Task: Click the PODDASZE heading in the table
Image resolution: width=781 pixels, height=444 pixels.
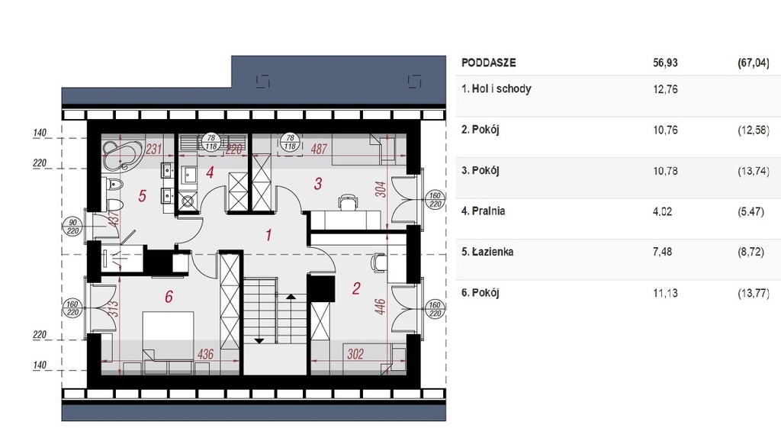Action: pos(489,63)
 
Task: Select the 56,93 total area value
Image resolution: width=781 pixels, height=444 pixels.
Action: pos(665,63)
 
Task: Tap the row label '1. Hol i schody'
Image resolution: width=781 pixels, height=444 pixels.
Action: pos(496,88)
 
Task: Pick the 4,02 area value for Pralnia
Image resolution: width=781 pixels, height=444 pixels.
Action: pos(663,211)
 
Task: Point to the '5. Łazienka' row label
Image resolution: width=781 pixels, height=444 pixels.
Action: pos(487,252)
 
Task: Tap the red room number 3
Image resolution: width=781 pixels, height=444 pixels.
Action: pos(318,184)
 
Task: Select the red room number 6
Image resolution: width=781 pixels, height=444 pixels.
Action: pos(169,297)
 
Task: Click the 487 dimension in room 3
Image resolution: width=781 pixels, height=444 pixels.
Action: pos(319,149)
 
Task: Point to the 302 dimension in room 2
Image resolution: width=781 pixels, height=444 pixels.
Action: pos(355,354)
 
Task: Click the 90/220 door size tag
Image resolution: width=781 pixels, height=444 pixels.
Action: pos(73,227)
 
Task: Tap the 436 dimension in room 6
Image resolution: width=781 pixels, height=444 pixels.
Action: pos(205,354)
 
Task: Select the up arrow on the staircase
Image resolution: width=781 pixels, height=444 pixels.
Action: pos(291,297)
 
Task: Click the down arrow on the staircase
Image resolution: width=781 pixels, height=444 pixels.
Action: pos(259,341)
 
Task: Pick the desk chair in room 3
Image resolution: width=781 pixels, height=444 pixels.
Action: pos(348,202)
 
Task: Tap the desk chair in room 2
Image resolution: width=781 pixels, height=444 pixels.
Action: pos(378,262)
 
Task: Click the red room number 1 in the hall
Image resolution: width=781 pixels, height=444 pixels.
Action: pos(269,235)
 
